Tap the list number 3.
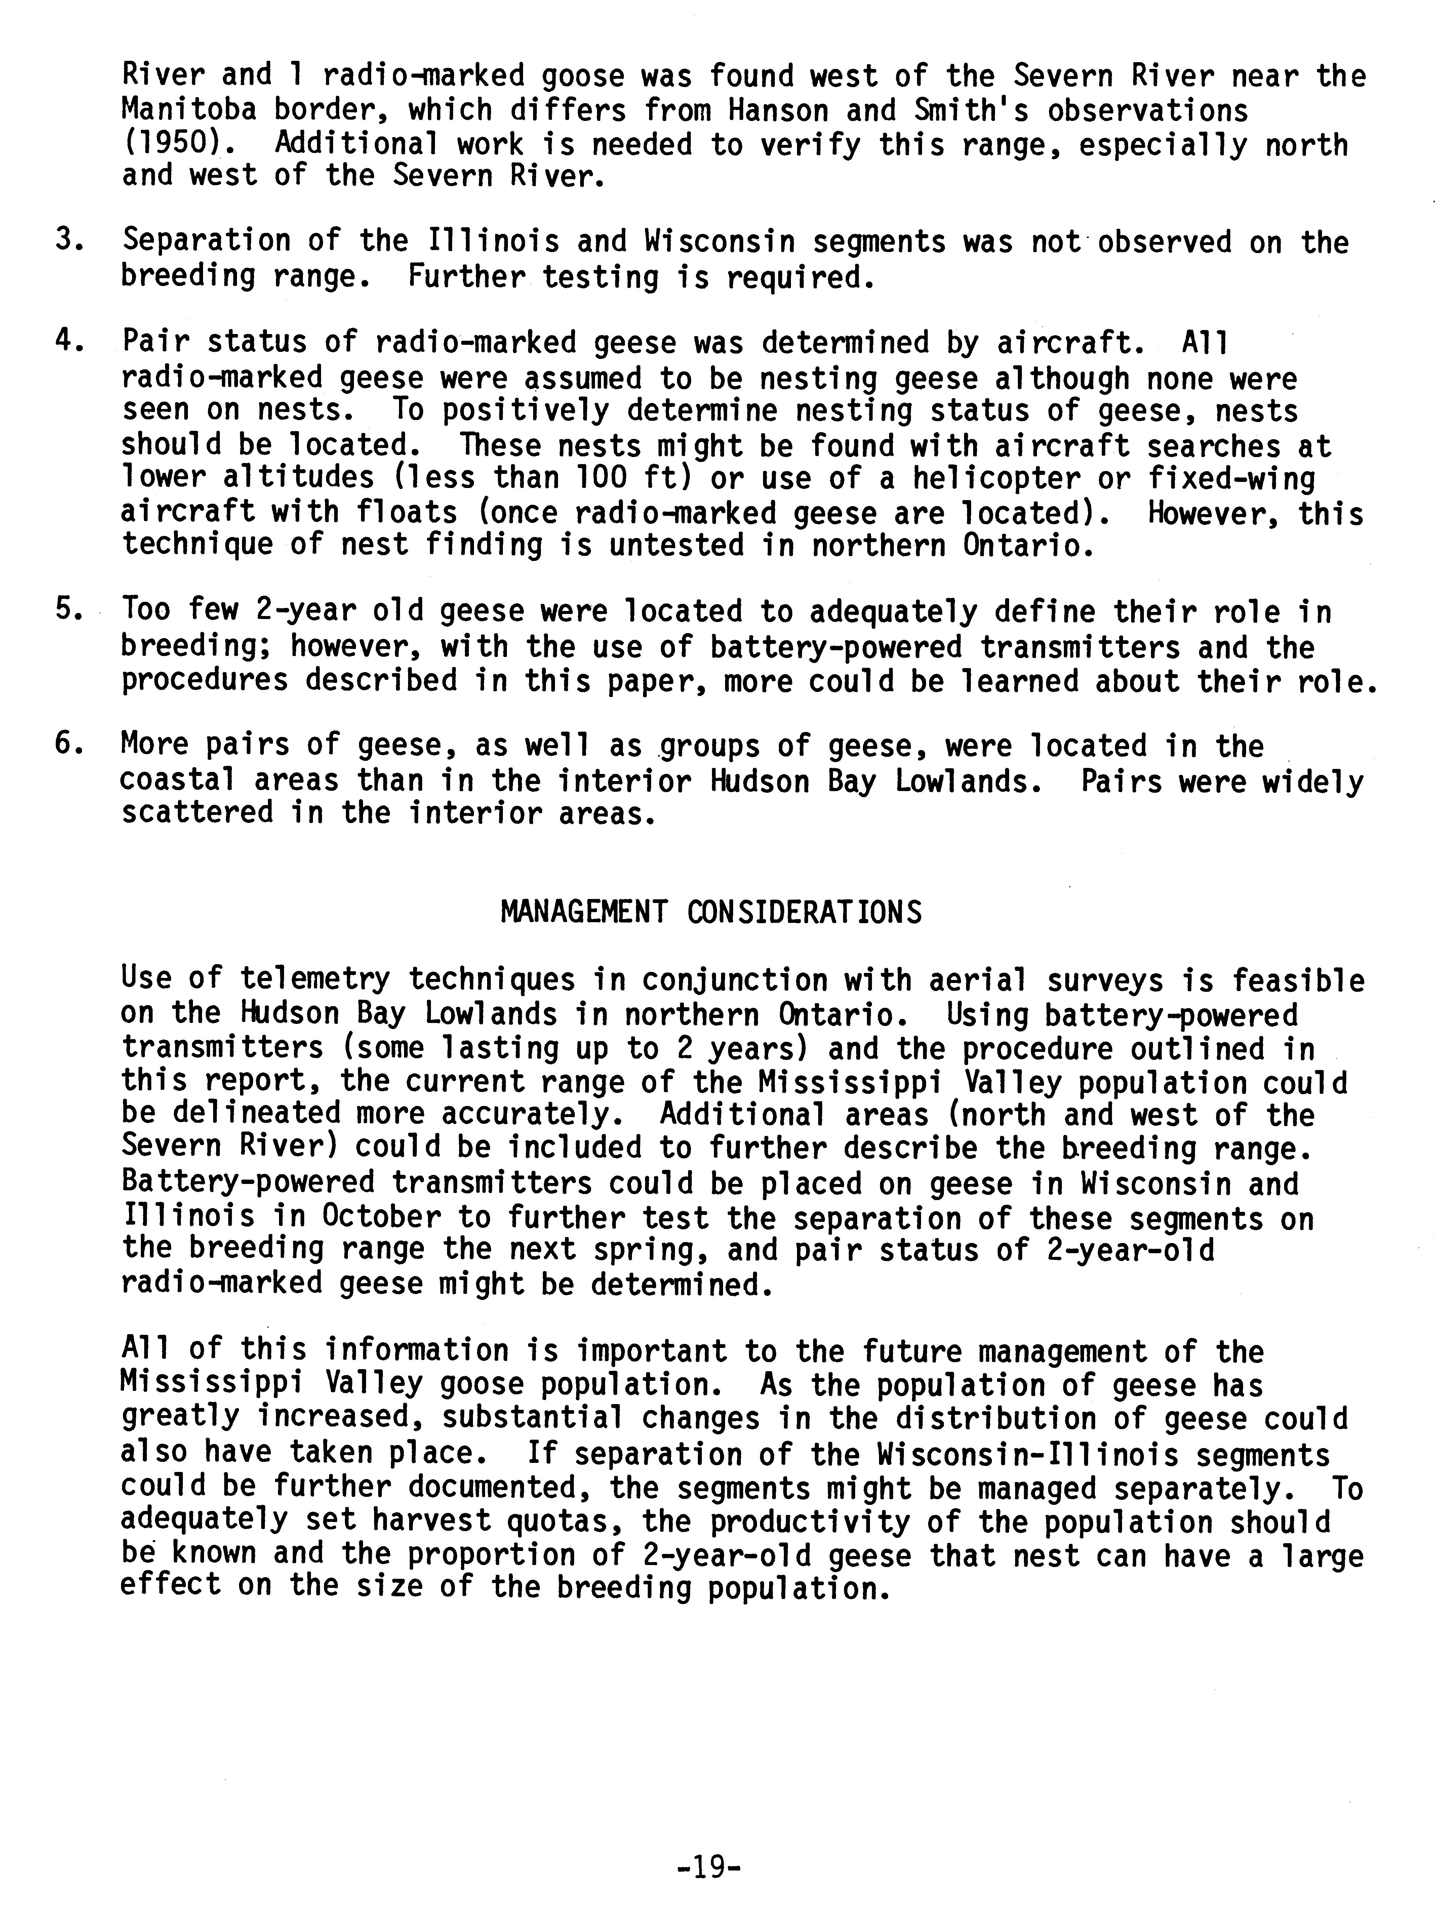(68, 240)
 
